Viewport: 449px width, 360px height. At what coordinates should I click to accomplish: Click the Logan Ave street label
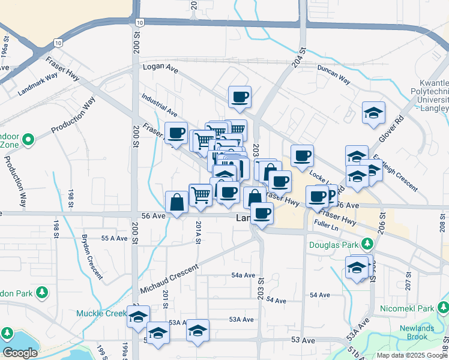click(x=160, y=68)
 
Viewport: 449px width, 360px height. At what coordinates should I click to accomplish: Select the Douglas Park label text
click(x=333, y=245)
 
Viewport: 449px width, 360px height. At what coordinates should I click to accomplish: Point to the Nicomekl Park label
click(x=407, y=308)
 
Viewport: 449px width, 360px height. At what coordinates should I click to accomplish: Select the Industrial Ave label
click(x=160, y=104)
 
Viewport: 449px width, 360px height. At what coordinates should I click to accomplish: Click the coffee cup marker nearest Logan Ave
click(x=240, y=97)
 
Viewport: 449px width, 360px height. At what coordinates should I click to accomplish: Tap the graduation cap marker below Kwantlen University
click(x=373, y=112)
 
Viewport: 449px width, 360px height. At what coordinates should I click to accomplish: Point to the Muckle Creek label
click(x=101, y=313)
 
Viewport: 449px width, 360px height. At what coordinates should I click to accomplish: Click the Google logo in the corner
click(x=20, y=353)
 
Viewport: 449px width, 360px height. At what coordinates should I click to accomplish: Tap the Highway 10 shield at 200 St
click(x=139, y=22)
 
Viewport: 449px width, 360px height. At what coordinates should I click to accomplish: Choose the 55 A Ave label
click(x=115, y=238)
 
